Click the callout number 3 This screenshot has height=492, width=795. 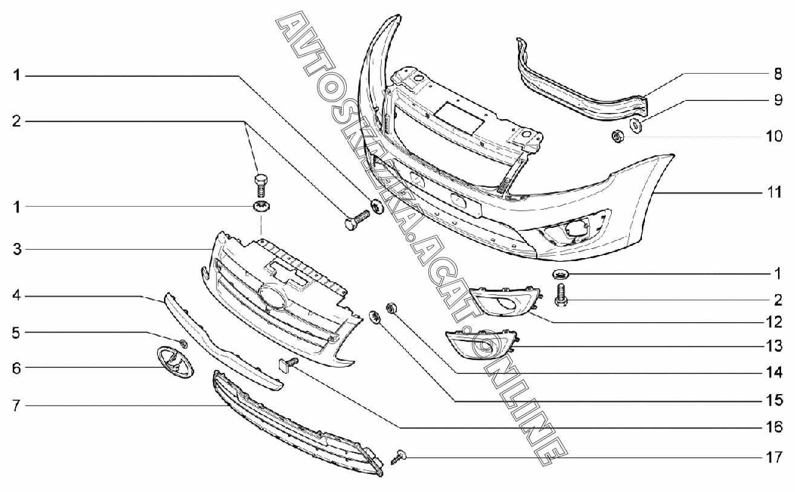18,249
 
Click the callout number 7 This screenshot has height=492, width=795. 18,406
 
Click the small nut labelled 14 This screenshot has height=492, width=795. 391,308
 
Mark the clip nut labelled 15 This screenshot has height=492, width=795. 375,316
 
